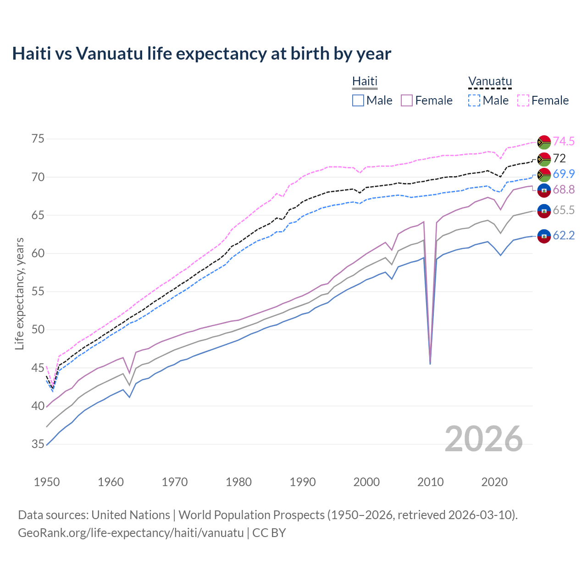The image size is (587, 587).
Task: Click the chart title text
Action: tap(201, 54)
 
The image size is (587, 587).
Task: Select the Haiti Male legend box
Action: tap(358, 100)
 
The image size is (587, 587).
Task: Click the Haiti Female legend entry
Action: tap(426, 100)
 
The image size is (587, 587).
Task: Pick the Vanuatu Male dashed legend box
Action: tap(474, 100)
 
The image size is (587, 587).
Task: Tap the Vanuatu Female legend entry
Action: tap(543, 100)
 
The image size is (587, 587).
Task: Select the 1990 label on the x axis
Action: tap(303, 482)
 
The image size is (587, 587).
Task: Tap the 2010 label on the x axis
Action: tap(430, 482)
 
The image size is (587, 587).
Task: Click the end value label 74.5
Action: tap(564, 141)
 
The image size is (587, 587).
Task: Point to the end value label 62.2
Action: tap(564, 236)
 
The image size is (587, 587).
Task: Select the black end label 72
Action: tap(559, 159)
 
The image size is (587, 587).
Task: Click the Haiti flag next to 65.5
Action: tap(544, 211)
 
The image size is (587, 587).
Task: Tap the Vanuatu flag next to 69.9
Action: tap(544, 175)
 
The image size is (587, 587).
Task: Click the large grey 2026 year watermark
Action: tap(484, 439)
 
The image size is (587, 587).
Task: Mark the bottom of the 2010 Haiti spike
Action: tap(430, 363)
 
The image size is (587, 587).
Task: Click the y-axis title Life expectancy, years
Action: tap(19, 293)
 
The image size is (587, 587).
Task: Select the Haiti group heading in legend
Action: tap(365, 82)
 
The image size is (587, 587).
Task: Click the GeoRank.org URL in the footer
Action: tap(131, 533)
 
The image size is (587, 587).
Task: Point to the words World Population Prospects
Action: tap(251, 515)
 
